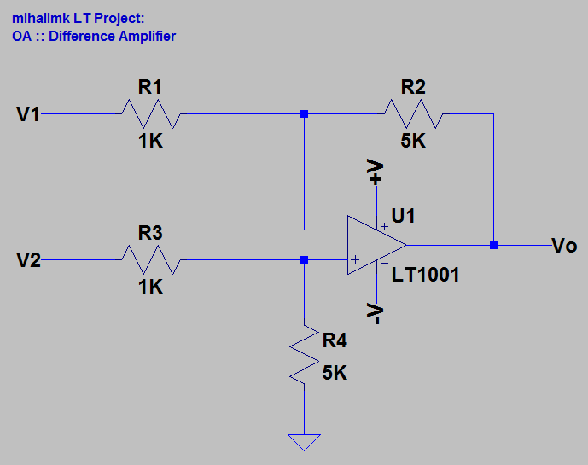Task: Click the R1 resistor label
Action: click(150, 87)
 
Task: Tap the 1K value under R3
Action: click(150, 288)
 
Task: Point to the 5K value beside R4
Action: click(335, 373)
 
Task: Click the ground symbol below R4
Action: click(304, 442)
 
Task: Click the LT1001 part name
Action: click(426, 275)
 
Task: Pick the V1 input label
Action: click(28, 114)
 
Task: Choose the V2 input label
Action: click(28, 260)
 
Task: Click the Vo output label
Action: click(564, 246)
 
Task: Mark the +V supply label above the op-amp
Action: click(376, 172)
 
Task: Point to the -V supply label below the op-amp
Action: click(376, 315)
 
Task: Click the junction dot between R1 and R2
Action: click(304, 113)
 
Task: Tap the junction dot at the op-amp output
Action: click(493, 245)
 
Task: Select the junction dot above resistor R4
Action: click(304, 259)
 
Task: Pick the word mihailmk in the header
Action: click(40, 19)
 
